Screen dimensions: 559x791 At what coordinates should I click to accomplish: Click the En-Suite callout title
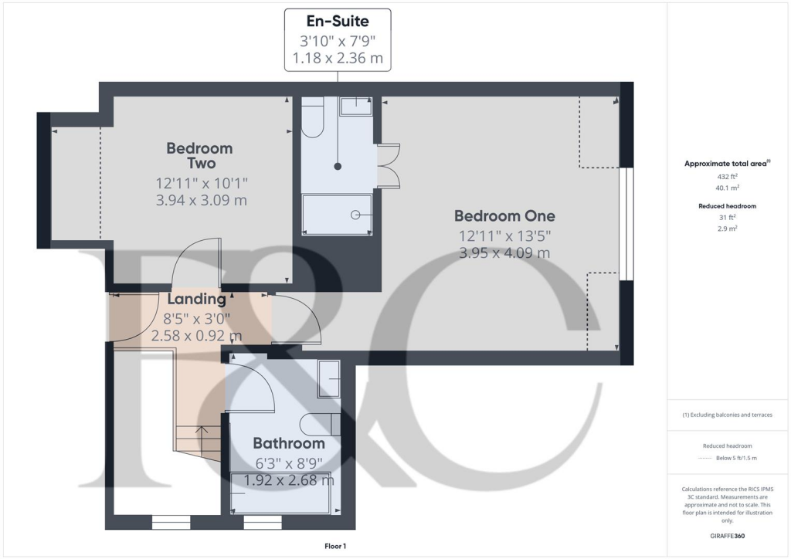pyautogui.click(x=337, y=21)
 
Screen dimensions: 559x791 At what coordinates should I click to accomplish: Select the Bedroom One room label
pyautogui.click(x=504, y=215)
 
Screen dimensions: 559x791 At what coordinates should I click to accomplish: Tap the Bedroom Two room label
pyautogui.click(x=199, y=155)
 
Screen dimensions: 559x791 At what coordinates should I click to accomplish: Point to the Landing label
pyautogui.click(x=196, y=299)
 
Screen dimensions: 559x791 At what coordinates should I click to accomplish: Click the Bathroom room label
pyautogui.click(x=289, y=444)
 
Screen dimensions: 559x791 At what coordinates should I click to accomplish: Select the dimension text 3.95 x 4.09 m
pyautogui.click(x=504, y=252)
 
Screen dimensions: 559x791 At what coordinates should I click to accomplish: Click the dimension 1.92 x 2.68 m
pyautogui.click(x=289, y=480)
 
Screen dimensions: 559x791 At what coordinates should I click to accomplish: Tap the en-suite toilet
pyautogui.click(x=312, y=119)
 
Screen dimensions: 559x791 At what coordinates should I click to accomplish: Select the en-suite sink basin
pyautogui.click(x=355, y=106)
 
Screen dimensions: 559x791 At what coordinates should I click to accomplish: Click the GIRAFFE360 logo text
pyautogui.click(x=727, y=536)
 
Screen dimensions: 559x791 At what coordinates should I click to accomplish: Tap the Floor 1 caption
pyautogui.click(x=335, y=547)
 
